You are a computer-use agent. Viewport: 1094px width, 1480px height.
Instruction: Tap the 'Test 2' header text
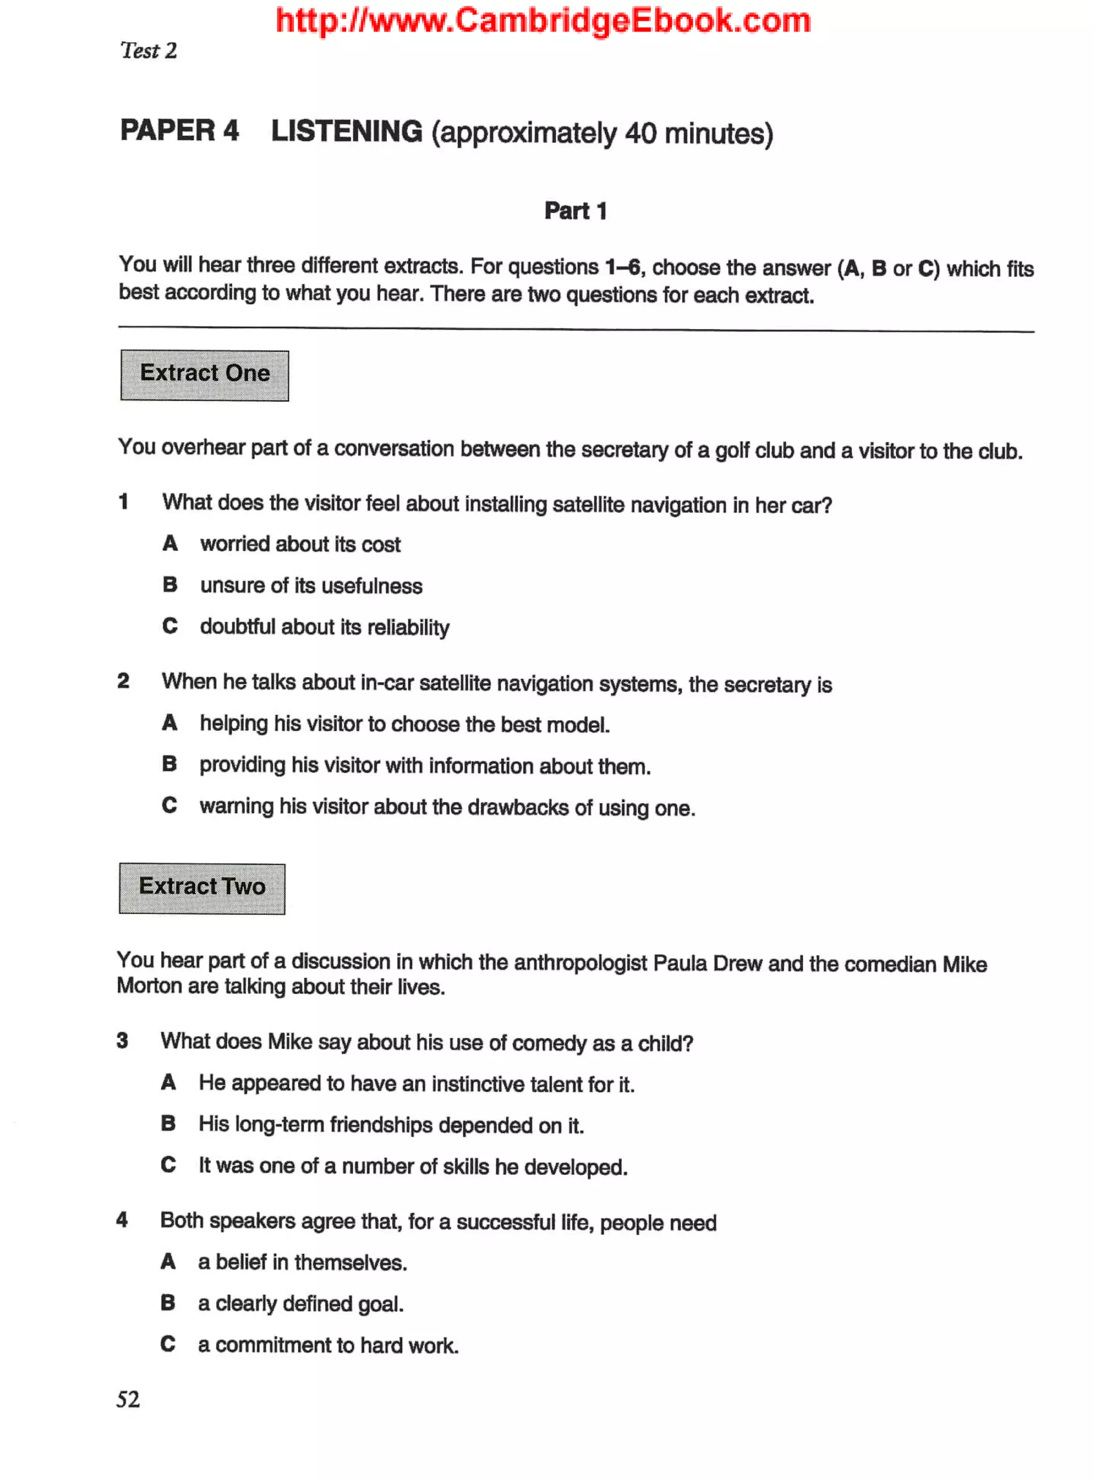click(149, 51)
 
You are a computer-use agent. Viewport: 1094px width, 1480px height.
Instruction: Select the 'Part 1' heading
click(575, 210)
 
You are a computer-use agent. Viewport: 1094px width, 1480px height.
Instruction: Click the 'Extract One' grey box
click(205, 375)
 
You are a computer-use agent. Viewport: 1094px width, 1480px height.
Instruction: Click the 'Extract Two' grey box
click(202, 888)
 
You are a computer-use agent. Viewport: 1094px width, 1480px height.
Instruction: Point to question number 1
click(123, 502)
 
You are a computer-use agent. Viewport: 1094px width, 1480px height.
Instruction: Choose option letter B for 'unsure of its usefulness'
click(170, 585)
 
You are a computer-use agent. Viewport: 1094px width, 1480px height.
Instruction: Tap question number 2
click(123, 681)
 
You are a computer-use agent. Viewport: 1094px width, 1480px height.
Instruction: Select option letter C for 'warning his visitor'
click(169, 805)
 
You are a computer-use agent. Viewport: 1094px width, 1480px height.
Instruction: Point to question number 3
click(122, 1040)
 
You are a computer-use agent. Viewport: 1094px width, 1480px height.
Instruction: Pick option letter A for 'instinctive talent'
click(169, 1082)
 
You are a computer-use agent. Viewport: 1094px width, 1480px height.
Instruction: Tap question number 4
click(122, 1219)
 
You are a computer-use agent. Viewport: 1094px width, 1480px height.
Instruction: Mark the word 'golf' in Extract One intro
click(732, 450)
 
